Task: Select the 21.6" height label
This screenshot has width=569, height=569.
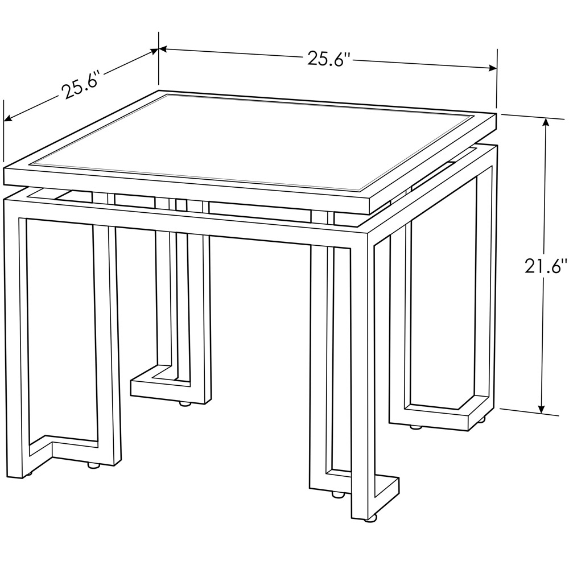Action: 546,266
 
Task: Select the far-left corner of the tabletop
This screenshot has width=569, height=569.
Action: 5,169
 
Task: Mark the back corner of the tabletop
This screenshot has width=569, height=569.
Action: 159,91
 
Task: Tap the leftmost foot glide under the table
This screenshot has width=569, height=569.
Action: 27,473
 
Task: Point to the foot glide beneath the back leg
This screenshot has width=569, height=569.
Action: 184,404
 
